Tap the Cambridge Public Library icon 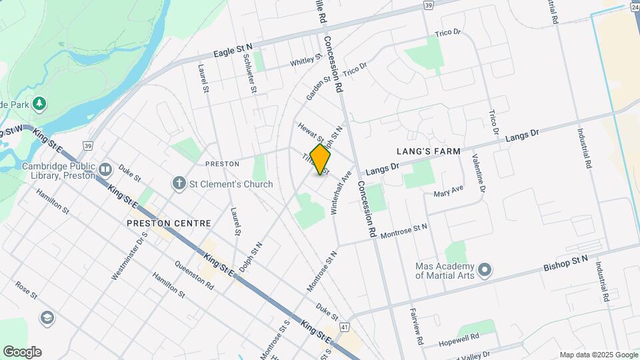pos(105,170)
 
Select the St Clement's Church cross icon pos(179,183)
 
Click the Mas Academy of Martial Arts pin pos(485,270)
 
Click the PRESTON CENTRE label pos(169,223)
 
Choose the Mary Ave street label pos(448,193)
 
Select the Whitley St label pos(305,61)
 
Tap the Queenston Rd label pos(194,275)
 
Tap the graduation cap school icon pos(47,317)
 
